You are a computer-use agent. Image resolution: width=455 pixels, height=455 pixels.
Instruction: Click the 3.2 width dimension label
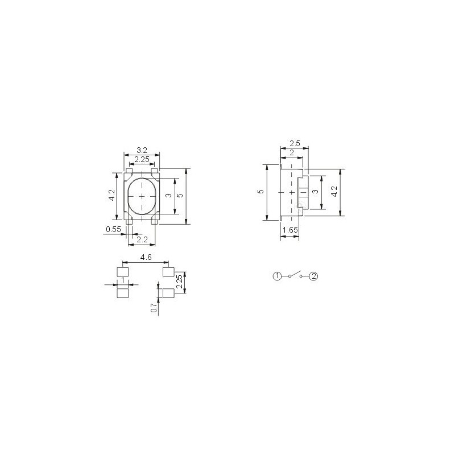coord(142,150)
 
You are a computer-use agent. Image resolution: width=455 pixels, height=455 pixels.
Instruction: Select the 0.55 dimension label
coord(113,229)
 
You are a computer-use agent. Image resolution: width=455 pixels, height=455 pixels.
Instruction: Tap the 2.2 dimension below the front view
coord(142,239)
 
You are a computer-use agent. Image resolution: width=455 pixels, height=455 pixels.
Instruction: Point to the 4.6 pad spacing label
coord(146,258)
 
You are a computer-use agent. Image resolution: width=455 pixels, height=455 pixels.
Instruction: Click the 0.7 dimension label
coord(154,308)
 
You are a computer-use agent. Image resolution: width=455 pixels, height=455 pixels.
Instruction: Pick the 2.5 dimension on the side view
coord(295,143)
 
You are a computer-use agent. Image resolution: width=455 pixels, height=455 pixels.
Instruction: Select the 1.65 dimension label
coord(290,230)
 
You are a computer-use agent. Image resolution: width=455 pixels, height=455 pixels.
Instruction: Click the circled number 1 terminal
coord(277,276)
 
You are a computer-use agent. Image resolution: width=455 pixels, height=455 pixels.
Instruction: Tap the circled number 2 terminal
coord(314,276)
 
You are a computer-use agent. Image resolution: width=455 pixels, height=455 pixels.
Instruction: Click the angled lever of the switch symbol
coord(295,274)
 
